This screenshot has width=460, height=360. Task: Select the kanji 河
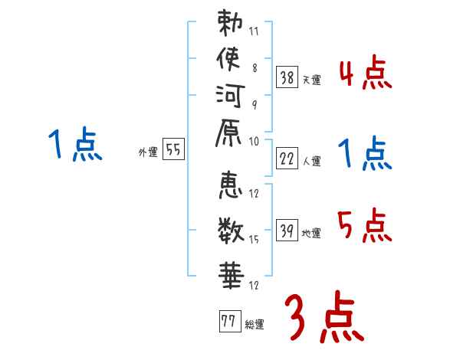[x=229, y=97]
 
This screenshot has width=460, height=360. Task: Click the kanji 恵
[x=230, y=185]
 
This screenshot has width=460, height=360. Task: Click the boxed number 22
[x=287, y=159]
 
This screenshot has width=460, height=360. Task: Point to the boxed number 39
[x=287, y=230]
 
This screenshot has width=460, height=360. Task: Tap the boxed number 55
[x=174, y=150]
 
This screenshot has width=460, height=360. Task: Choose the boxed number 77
[x=228, y=322]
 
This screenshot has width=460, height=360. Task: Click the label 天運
[x=311, y=80]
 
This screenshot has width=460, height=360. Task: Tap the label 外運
[x=147, y=153]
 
